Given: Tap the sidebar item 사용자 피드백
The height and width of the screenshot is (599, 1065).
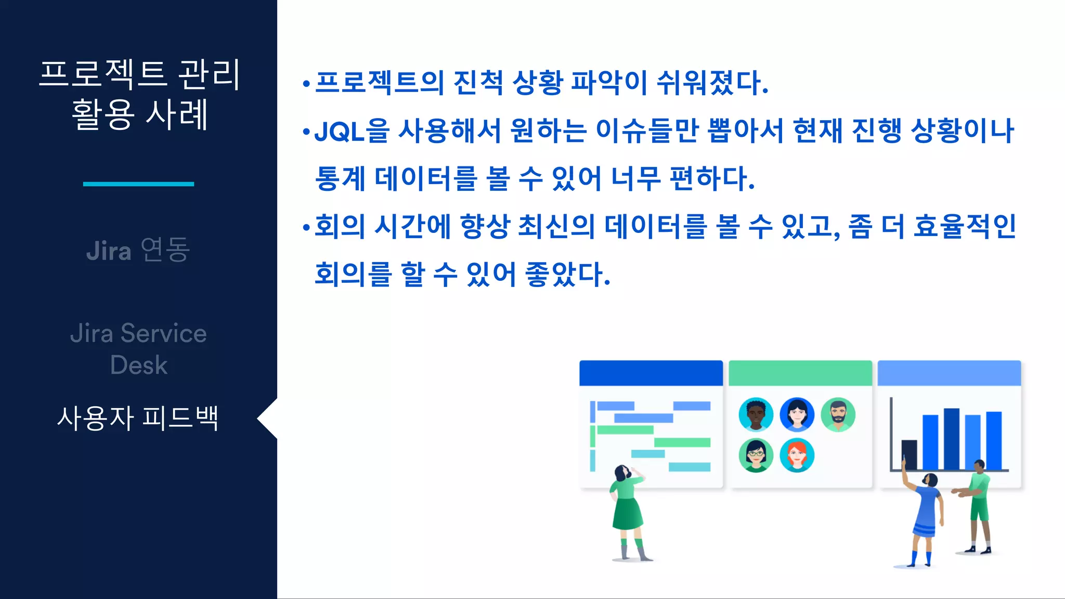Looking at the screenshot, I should (x=138, y=419).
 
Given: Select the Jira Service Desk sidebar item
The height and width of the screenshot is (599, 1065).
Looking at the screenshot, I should (x=138, y=348).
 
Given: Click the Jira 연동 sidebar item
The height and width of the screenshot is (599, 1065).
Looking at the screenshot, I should (x=138, y=250).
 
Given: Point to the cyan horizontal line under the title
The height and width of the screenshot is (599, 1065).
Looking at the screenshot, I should (x=138, y=184).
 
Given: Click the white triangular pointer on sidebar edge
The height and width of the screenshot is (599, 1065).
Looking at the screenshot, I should (x=268, y=419).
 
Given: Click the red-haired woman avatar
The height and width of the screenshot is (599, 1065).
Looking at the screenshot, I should (x=797, y=455).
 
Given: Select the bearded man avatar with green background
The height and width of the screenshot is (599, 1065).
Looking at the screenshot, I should (x=838, y=414).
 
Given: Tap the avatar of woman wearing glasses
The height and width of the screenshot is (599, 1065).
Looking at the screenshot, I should (x=756, y=455).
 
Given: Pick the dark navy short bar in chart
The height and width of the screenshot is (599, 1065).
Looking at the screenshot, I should (x=909, y=454).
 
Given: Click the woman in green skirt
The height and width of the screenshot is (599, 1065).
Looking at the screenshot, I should (x=628, y=510).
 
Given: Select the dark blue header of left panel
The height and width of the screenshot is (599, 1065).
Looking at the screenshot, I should (x=651, y=373).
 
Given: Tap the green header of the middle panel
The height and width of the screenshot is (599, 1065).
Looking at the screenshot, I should (x=800, y=373).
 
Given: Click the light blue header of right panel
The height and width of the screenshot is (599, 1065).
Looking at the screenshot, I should (x=949, y=373).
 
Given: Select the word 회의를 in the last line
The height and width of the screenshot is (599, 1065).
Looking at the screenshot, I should (x=353, y=275).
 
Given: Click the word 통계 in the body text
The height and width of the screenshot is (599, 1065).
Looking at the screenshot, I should (x=341, y=179).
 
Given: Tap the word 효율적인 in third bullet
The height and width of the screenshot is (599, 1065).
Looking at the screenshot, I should (x=965, y=227).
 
